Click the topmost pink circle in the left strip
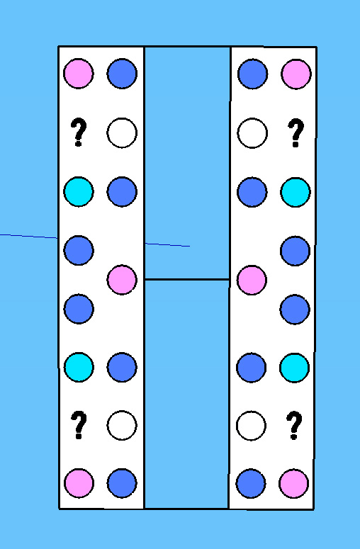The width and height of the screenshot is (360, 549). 79,74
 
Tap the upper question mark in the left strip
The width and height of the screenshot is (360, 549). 79,132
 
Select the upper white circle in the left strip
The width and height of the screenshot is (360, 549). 122,132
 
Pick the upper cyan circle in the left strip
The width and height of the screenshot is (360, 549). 79,191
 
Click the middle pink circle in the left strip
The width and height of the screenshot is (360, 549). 122,279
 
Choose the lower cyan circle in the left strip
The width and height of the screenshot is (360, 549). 79,367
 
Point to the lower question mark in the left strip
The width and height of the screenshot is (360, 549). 79,426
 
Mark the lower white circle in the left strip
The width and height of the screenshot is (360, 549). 122,425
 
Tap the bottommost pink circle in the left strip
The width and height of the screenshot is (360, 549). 79,483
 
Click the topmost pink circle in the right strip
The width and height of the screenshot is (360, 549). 296,74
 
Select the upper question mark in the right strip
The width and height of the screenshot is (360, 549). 296,132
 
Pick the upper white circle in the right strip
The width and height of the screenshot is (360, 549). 252,133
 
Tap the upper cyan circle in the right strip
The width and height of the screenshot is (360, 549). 296,192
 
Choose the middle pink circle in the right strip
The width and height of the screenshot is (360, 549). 252,280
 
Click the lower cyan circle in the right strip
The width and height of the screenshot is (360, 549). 295,367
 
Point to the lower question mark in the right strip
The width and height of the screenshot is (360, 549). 294,426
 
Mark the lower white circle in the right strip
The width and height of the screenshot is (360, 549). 251,426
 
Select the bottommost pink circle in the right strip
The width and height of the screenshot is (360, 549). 294,484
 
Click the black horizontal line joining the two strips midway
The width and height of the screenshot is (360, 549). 187,279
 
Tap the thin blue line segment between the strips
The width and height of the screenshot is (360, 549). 167,244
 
